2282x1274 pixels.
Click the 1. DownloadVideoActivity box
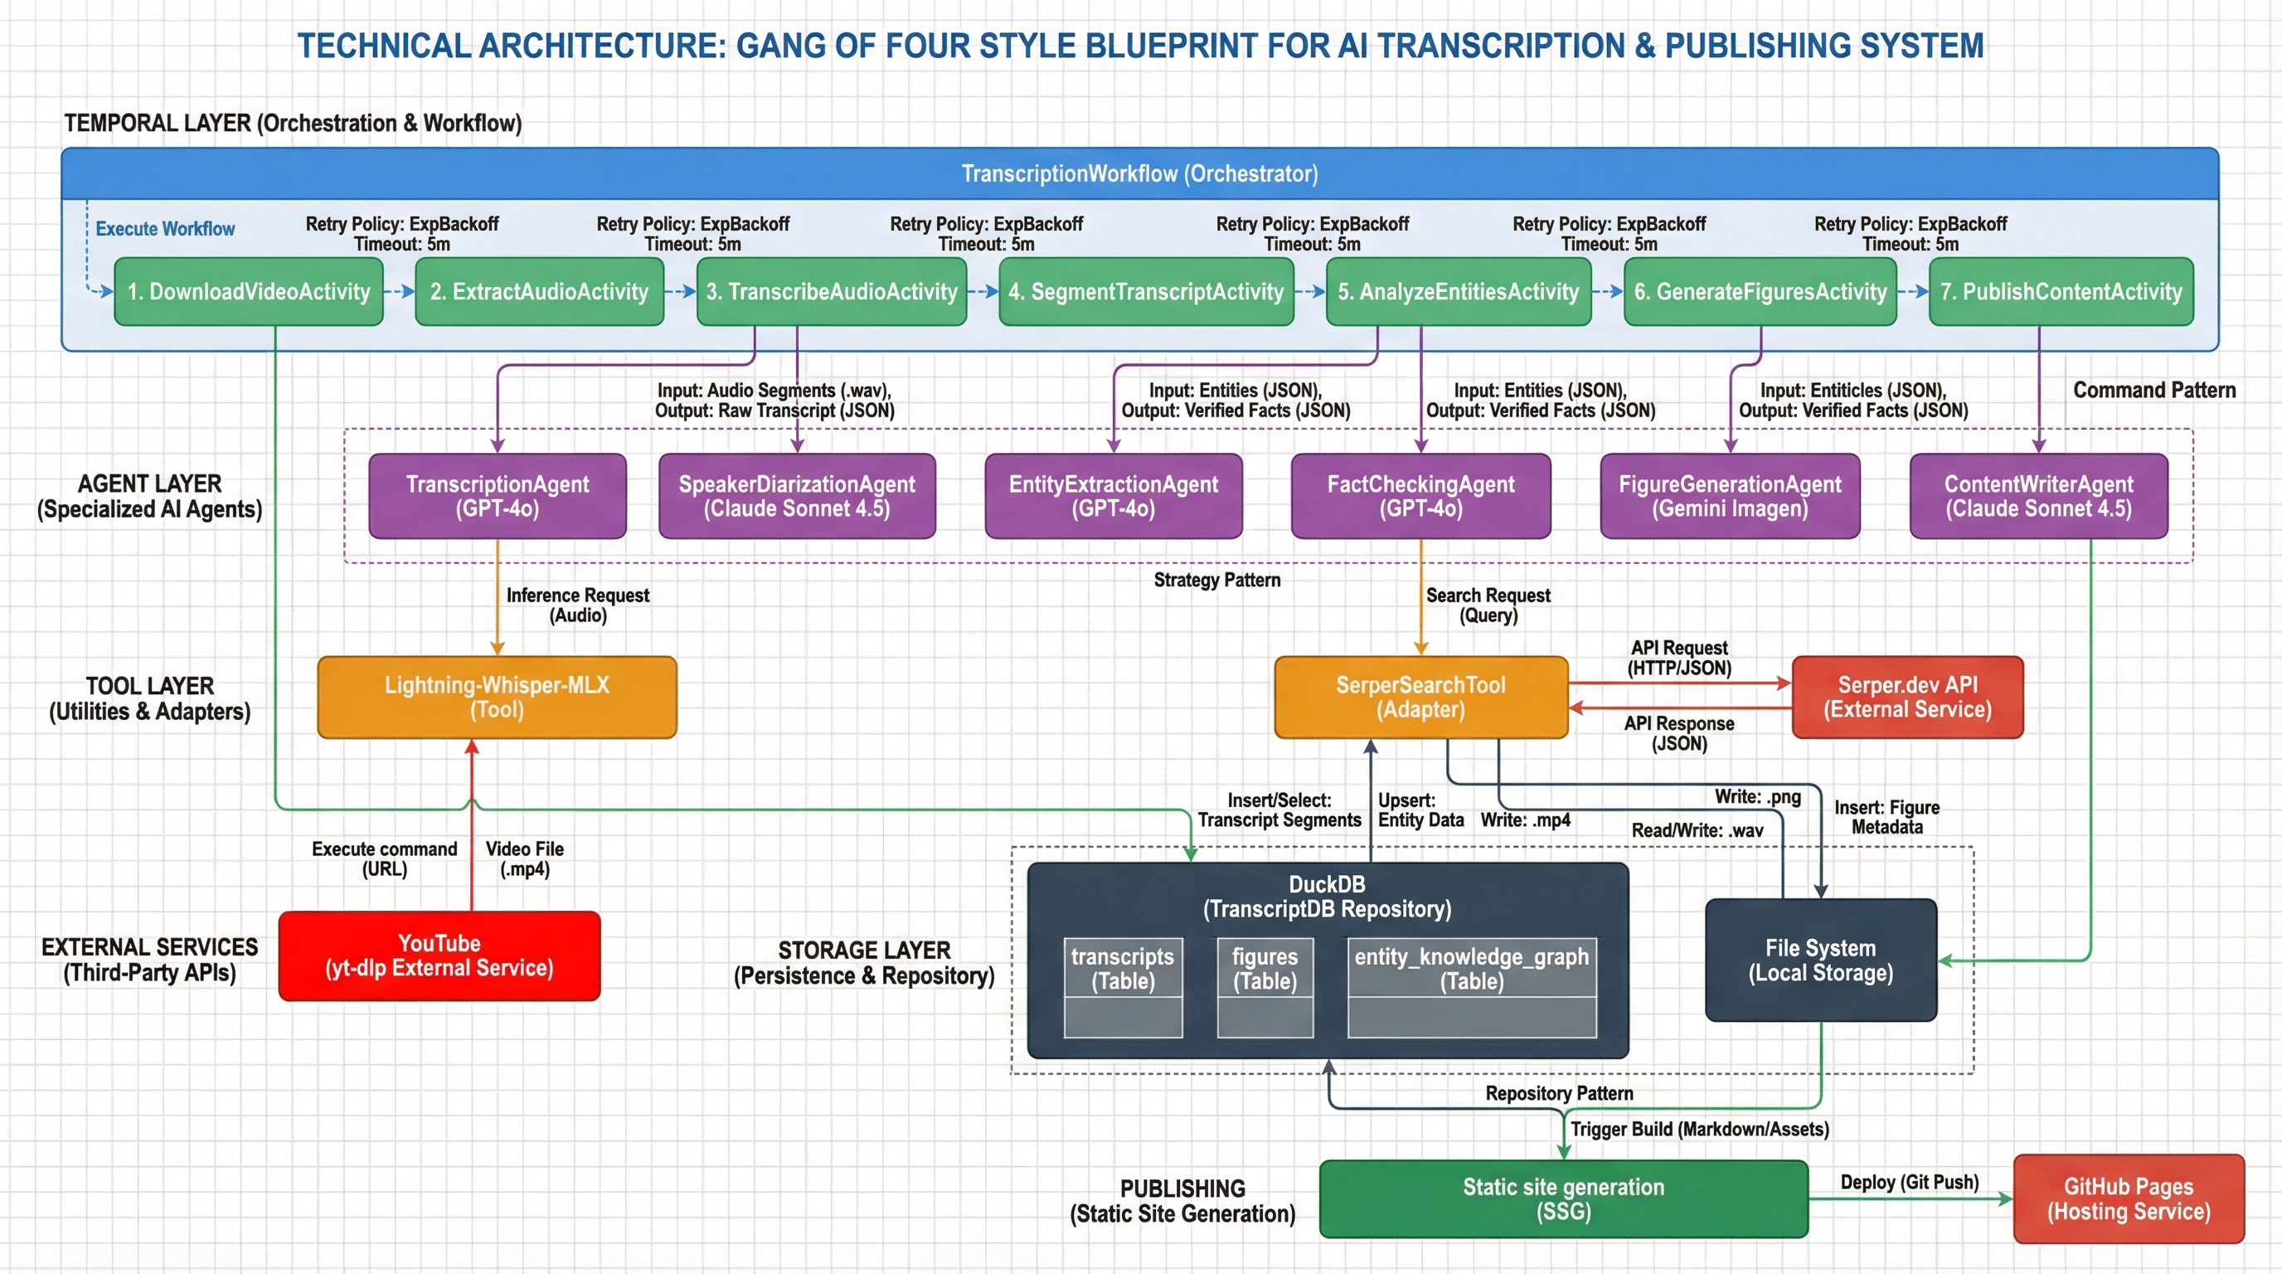(x=248, y=291)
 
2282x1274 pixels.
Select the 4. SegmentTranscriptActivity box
(x=1145, y=291)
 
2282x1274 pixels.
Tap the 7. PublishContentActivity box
(x=2061, y=291)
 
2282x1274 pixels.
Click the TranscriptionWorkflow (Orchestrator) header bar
(x=1139, y=173)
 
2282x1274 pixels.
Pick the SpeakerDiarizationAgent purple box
(x=796, y=496)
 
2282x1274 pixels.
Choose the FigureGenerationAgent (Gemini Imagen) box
(x=1729, y=496)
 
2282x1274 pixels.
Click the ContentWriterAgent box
(x=2037, y=496)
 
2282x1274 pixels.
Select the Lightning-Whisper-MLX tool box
(x=496, y=698)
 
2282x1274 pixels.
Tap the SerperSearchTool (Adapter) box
(x=1420, y=698)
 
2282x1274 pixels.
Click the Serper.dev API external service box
(x=1906, y=698)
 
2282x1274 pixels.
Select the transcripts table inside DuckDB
(x=1123, y=987)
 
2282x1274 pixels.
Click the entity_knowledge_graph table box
(x=1471, y=987)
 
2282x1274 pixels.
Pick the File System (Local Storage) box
(x=1820, y=960)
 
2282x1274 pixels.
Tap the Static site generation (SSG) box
(x=1563, y=1199)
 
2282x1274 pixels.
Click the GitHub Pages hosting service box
(x=2128, y=1199)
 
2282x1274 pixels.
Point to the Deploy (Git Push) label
(x=1909, y=1182)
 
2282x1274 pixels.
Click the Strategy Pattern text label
(x=1216, y=581)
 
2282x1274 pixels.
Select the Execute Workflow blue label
(x=165, y=229)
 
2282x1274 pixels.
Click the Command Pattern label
(x=2153, y=390)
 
